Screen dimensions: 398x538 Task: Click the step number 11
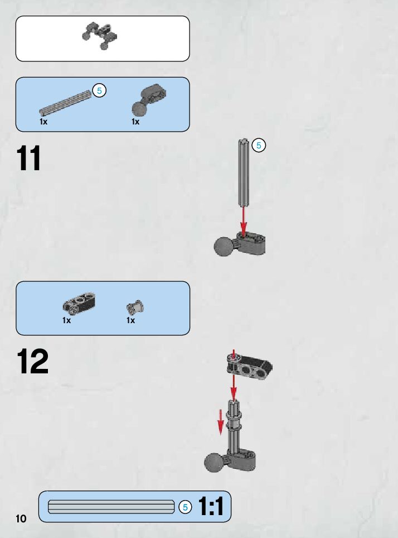[x=29, y=158]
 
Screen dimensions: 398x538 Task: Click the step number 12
[x=32, y=362]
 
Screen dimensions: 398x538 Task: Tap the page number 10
[x=21, y=518]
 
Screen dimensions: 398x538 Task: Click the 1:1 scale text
[x=211, y=507]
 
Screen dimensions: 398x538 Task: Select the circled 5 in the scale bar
[x=185, y=507]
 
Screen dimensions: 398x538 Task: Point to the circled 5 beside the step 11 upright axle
[x=259, y=146]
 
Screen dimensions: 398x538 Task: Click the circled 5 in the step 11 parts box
[x=99, y=90]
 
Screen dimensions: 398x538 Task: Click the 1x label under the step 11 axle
[x=43, y=121]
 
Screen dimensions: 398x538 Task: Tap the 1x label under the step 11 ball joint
[x=135, y=121]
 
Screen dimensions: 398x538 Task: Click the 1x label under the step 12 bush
[x=130, y=320]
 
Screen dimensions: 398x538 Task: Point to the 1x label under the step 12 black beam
[x=67, y=320]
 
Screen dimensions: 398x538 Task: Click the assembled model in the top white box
[x=100, y=36]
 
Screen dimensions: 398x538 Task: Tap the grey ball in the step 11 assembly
[x=225, y=246]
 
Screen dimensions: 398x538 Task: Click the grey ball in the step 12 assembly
[x=215, y=463]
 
